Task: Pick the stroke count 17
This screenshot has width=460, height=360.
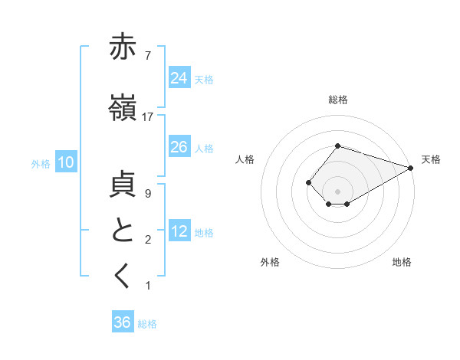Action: [148, 117]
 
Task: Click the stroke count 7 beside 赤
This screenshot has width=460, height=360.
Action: [147, 55]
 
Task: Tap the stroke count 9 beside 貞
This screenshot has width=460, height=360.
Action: [147, 194]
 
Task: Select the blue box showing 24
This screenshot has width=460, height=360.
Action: [179, 77]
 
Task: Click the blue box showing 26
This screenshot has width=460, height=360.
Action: [179, 146]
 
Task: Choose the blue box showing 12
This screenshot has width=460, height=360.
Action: [179, 231]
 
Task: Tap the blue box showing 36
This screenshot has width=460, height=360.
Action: [123, 322]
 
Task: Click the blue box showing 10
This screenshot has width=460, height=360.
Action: [65, 162]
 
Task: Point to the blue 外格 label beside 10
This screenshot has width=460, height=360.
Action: [41, 163]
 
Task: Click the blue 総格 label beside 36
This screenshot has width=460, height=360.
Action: [147, 324]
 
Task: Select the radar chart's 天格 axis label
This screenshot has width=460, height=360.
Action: [431, 159]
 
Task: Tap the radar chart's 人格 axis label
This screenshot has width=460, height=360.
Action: [245, 159]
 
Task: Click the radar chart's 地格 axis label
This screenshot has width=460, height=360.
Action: [402, 262]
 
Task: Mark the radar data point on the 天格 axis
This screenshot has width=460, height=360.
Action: [412, 168]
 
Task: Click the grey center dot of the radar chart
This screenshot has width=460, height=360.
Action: [337, 191]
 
